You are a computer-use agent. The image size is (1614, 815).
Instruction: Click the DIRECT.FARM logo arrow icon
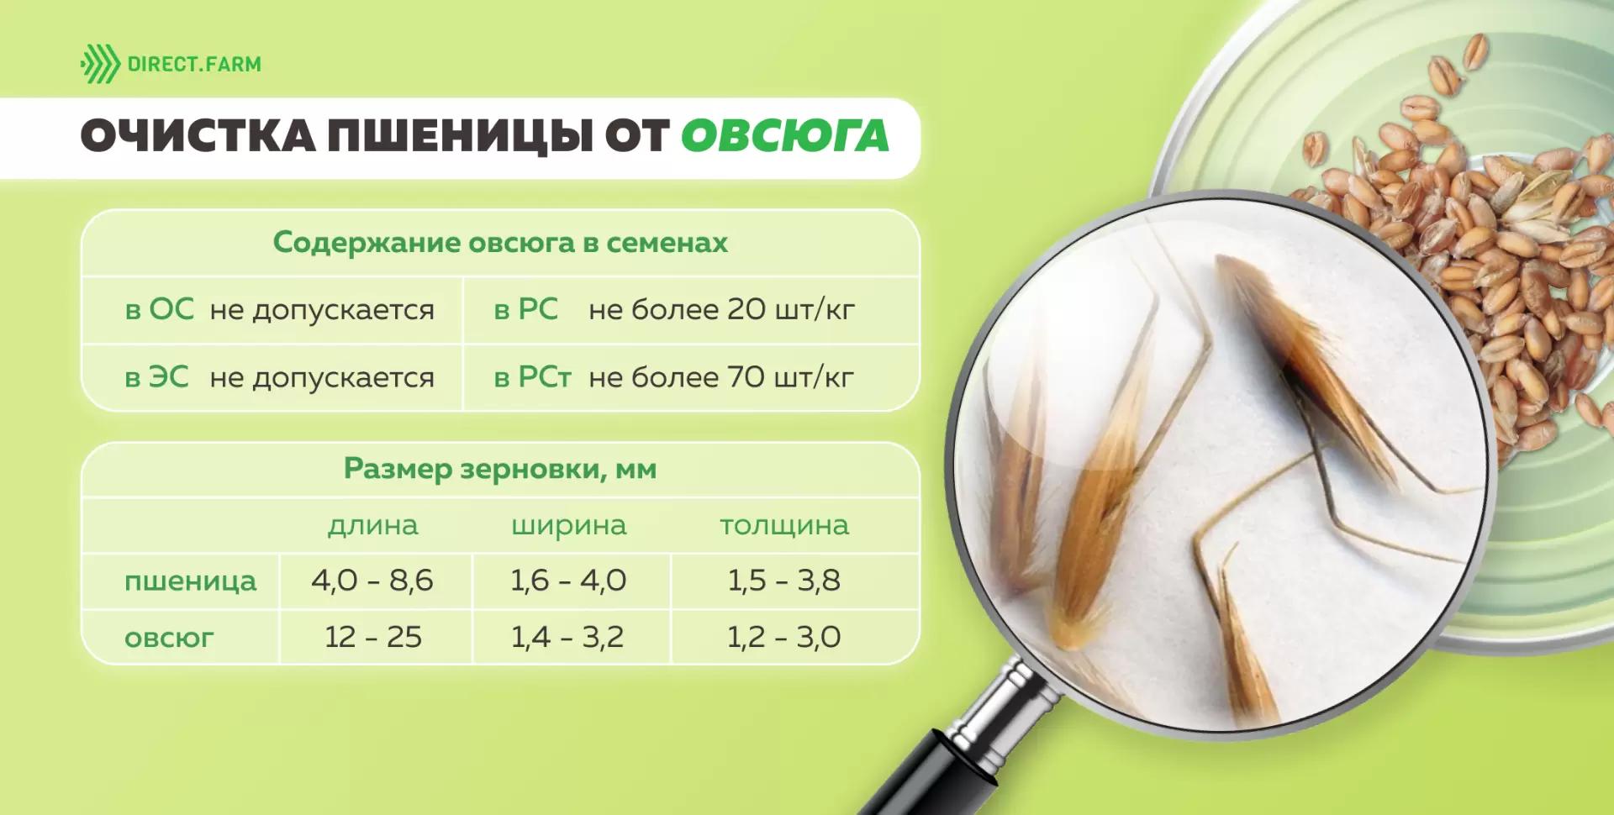100,65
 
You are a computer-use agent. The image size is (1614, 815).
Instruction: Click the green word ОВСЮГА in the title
784,137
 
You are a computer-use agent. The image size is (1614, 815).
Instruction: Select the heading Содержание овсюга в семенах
500,243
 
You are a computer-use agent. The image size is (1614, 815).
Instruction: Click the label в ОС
159,310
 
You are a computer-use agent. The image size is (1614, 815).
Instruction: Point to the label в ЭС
157,377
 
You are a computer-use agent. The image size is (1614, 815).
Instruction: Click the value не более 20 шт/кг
721,310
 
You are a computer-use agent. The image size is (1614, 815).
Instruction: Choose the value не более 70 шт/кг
721,377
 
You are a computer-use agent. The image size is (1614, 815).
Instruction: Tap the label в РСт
532,377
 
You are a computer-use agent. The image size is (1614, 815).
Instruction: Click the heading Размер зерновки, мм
500,469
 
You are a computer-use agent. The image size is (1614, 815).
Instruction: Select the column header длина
372,526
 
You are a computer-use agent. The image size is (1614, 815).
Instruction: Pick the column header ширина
569,526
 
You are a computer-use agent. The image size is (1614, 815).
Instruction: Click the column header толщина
784,526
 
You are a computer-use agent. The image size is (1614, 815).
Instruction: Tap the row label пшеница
190,581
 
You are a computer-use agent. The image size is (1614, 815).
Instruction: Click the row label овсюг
169,638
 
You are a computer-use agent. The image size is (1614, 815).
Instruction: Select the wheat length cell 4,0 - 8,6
372,581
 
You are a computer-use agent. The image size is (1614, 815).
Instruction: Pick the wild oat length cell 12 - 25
373,637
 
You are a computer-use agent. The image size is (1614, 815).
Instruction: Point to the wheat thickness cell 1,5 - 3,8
784,581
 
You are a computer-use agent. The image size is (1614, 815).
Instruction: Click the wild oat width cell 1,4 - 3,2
567,637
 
